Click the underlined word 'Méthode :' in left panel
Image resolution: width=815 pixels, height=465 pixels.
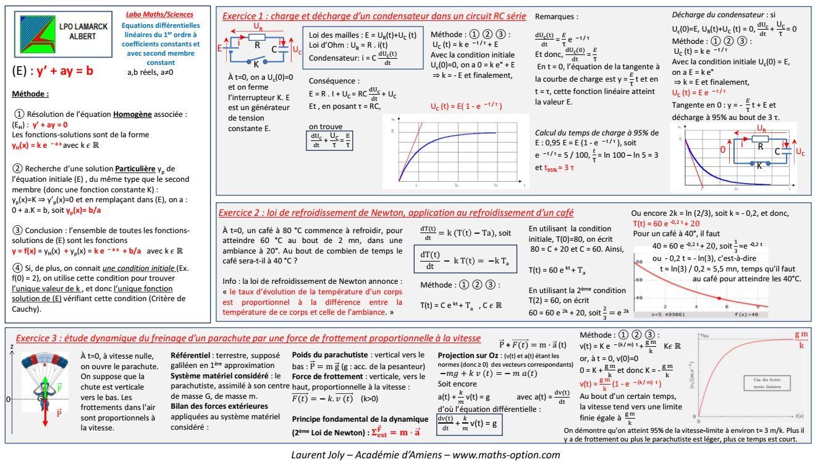coord(30,95)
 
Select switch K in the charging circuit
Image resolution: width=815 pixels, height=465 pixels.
coord(256,63)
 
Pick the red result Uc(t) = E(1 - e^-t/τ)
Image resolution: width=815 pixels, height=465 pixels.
coord(465,106)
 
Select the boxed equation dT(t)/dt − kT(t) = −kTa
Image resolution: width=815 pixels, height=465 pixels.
coord(457,260)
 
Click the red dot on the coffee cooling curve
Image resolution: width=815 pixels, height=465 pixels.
coord(717,298)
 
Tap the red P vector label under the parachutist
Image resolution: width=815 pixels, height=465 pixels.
coord(58,414)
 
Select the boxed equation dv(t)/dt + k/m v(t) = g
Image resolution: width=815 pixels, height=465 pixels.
coord(468,422)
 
